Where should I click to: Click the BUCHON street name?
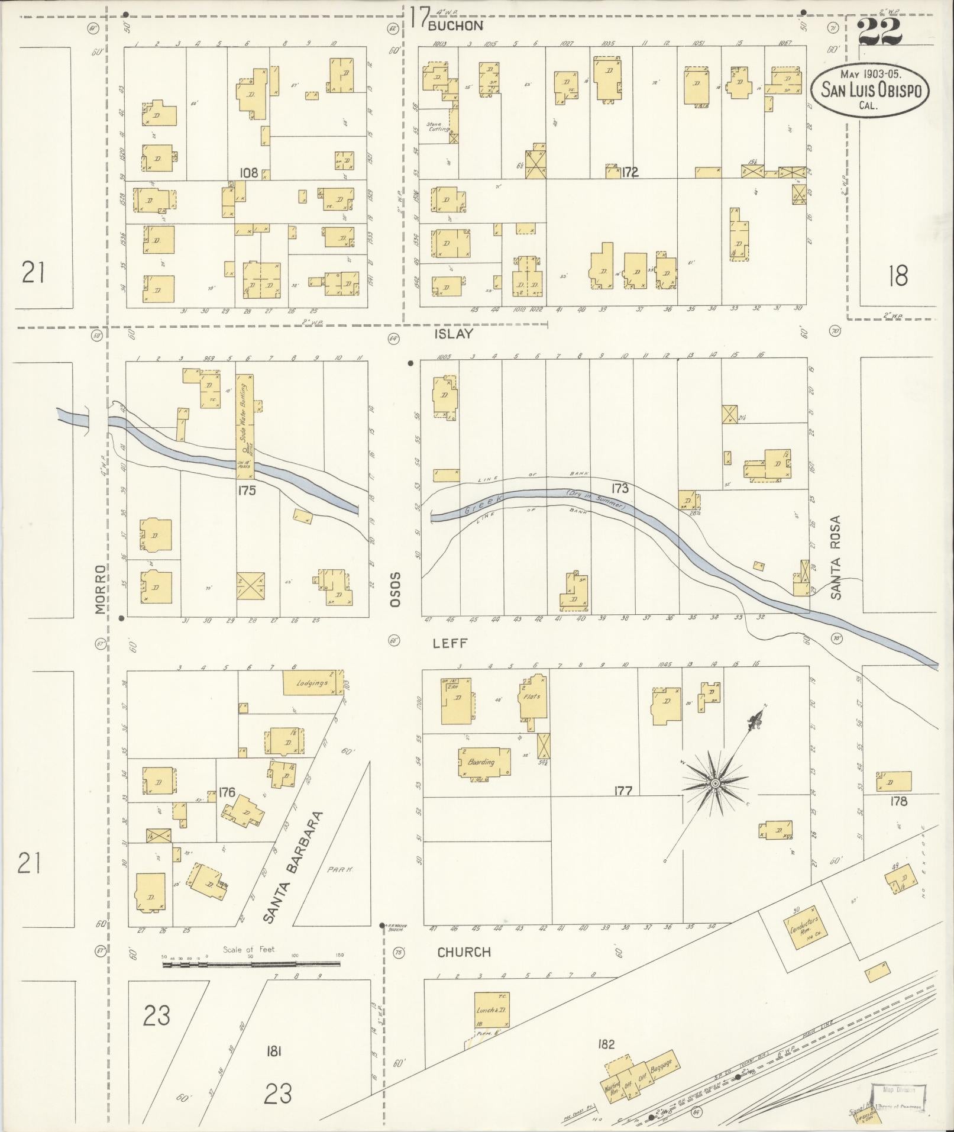(455, 25)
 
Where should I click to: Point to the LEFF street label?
(450, 643)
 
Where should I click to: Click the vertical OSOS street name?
(395, 589)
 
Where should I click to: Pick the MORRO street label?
(101, 589)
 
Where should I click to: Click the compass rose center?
(715, 783)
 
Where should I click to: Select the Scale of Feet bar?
(251, 964)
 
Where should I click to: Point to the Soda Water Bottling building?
(245, 423)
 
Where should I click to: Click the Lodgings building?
(313, 683)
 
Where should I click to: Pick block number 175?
(246, 490)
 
